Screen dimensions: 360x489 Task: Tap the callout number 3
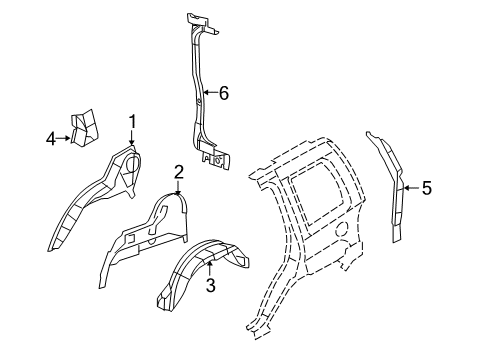pyautogui.click(x=210, y=285)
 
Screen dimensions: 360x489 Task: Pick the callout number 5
pyautogui.click(x=426, y=187)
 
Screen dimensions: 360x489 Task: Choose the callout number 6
pyautogui.click(x=224, y=93)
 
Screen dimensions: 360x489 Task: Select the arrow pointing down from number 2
pyautogui.click(x=178, y=187)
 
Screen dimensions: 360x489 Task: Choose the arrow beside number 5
pyautogui.click(x=409, y=187)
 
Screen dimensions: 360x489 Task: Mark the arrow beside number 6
pyautogui.click(x=207, y=93)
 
